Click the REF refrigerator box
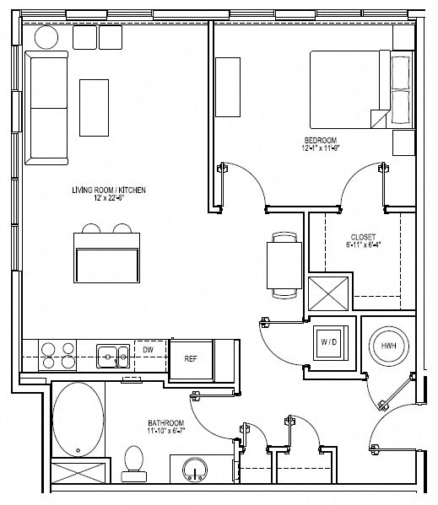pyautogui.click(x=191, y=358)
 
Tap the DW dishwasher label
pyautogui.click(x=147, y=349)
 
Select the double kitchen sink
pyautogui.click(x=112, y=355)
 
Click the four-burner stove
pyautogui.click(x=57, y=355)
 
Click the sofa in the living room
pyautogui.click(x=47, y=107)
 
